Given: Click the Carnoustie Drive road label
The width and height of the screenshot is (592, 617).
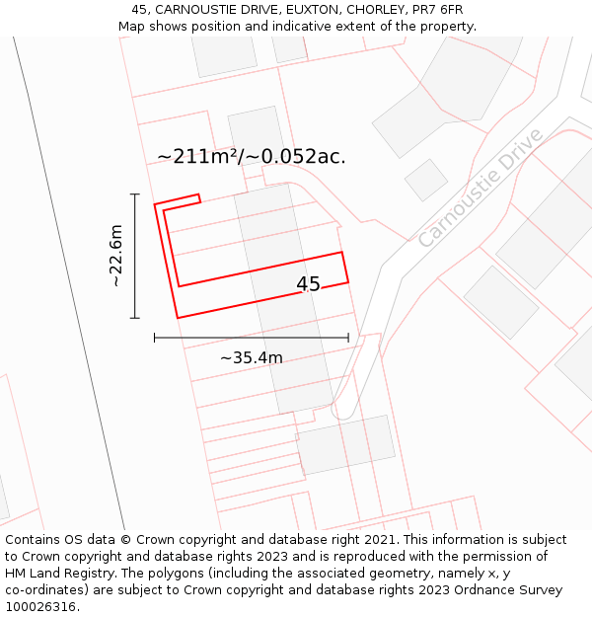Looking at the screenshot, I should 481,188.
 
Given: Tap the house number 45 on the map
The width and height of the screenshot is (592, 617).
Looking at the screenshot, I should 308,284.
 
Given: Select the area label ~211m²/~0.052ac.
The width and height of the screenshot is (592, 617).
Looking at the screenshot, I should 252,156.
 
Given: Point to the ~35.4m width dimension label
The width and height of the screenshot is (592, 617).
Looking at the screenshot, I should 251,357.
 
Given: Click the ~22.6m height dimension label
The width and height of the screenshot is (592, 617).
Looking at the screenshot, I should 115,256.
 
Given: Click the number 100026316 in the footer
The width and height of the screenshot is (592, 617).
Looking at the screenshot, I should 40,607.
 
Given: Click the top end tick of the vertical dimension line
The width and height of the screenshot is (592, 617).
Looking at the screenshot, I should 135,194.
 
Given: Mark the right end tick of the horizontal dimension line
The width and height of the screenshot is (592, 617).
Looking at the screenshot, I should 348,338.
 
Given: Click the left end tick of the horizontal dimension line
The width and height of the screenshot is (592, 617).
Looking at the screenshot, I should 155,338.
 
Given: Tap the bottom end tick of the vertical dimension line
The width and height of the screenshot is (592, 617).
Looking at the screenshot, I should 135,318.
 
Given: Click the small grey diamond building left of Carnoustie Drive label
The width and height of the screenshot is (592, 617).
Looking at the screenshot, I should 426,181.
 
